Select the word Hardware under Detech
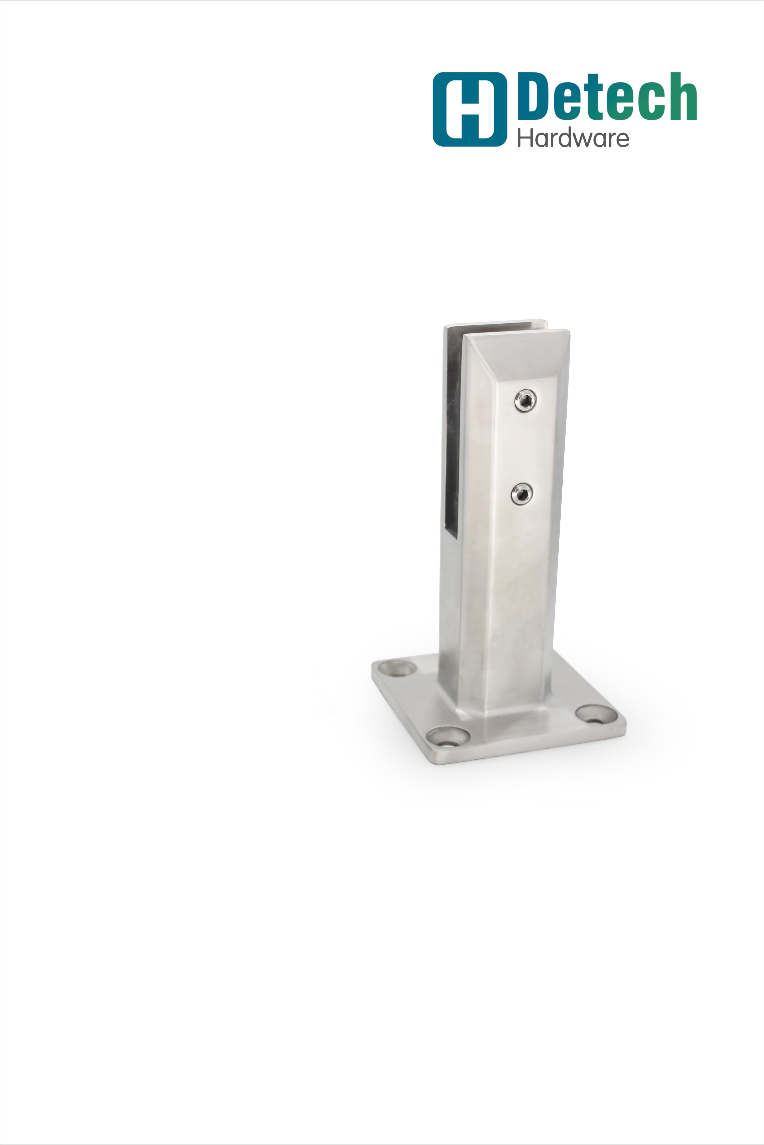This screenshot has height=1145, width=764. point(573,138)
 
